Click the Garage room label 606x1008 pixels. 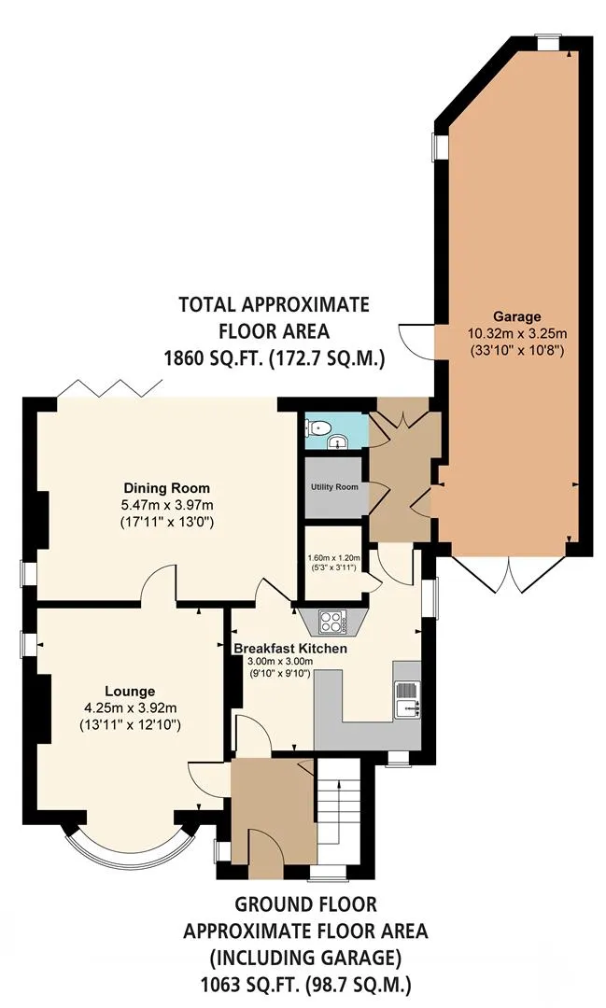click(x=516, y=317)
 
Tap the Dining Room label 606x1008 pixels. click(x=166, y=488)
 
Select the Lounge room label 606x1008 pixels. click(x=130, y=692)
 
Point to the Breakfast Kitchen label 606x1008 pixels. click(x=290, y=649)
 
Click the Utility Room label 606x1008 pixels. click(x=334, y=486)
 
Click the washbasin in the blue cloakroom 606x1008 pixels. click(x=337, y=441)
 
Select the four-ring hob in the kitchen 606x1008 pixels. click(x=333, y=622)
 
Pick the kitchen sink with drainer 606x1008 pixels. click(x=407, y=699)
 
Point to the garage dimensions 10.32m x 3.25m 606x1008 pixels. click(x=516, y=333)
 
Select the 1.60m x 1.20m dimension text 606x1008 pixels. click(x=334, y=558)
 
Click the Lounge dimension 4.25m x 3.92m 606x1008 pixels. click(x=130, y=708)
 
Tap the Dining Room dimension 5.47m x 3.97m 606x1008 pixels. click(x=166, y=505)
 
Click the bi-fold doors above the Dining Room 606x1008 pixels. click(x=109, y=388)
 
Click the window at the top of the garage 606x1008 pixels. click(x=548, y=41)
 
